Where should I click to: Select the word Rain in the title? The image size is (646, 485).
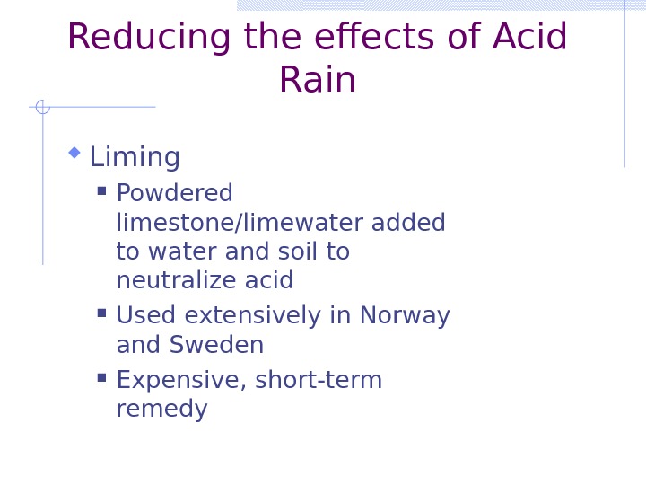pyautogui.click(x=317, y=80)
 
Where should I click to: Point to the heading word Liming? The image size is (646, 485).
pyautogui.click(x=135, y=158)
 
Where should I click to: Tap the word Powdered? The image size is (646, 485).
pyautogui.click(x=174, y=194)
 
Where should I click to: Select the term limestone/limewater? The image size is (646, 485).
pyautogui.click(x=231, y=223)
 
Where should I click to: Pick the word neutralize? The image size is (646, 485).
pyautogui.click(x=166, y=281)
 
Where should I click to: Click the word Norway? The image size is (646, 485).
pyautogui.click(x=405, y=316)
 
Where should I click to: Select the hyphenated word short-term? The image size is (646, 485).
pyautogui.click(x=319, y=381)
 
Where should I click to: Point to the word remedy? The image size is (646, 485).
pyautogui.click(x=161, y=410)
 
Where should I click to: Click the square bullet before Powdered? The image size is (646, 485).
pyautogui.click(x=101, y=190)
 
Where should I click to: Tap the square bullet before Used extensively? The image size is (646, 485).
pyautogui.click(x=101, y=313)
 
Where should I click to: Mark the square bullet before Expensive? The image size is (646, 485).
pyautogui.click(x=101, y=377)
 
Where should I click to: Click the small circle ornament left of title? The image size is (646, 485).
pyautogui.click(x=42, y=107)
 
